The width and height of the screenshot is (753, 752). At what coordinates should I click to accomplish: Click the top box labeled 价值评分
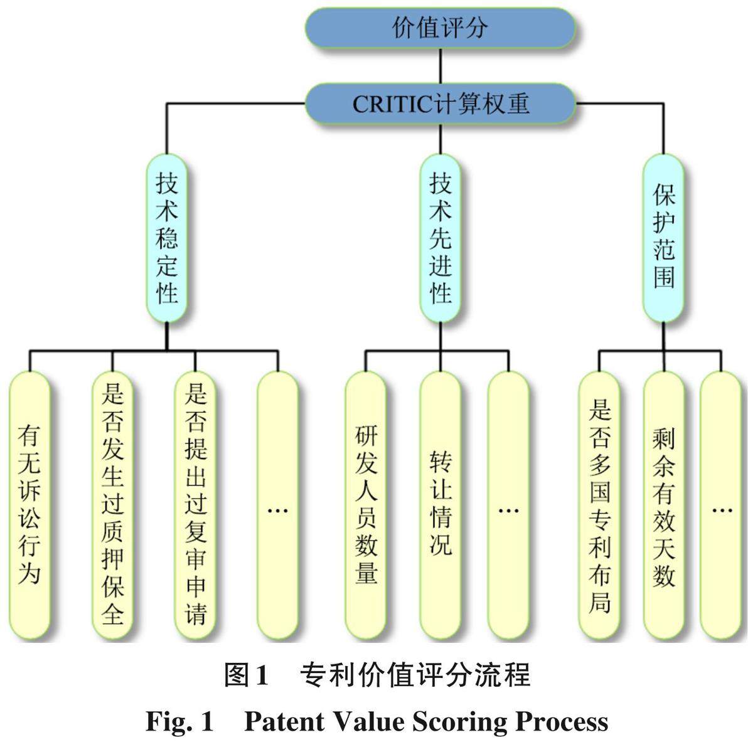440,28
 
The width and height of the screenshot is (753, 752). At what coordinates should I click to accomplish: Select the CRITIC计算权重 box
440,103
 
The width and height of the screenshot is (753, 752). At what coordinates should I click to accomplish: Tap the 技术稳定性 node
167,238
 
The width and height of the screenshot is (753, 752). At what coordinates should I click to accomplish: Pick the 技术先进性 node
441,238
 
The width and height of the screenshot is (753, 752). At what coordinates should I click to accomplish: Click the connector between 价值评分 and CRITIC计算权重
440,66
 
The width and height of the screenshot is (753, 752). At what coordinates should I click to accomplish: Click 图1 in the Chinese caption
247,675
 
